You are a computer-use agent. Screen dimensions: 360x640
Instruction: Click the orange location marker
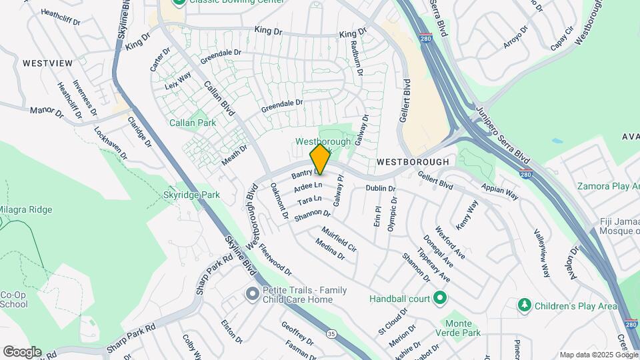[320, 159]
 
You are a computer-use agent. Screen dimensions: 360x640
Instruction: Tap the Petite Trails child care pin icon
[252, 293]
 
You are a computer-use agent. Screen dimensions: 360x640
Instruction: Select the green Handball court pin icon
[439, 297]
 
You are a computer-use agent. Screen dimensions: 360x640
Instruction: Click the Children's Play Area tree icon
[525, 305]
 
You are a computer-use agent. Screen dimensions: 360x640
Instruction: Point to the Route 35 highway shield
[332, 333]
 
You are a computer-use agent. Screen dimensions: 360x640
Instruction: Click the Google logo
[22, 351]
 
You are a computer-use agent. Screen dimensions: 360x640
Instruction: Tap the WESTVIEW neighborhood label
[47, 63]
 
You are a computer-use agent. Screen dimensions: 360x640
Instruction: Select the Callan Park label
[193, 123]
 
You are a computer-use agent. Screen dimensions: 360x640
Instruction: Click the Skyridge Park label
[191, 195]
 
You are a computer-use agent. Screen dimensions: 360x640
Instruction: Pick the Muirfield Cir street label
[339, 239]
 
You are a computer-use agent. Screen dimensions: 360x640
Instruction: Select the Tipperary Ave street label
[434, 266]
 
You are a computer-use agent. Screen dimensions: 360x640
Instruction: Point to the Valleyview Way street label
[541, 253]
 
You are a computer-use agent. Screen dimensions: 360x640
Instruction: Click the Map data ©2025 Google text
[598, 355]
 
